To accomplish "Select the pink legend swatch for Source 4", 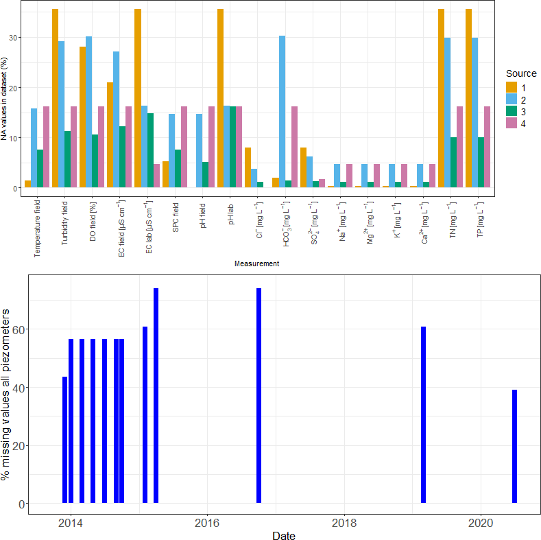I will coord(512,123).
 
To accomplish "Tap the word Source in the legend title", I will coord(521,73).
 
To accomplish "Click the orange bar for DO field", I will coord(83,117).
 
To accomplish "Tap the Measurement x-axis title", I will coord(256,263).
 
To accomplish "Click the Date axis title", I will coord(283,535).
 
